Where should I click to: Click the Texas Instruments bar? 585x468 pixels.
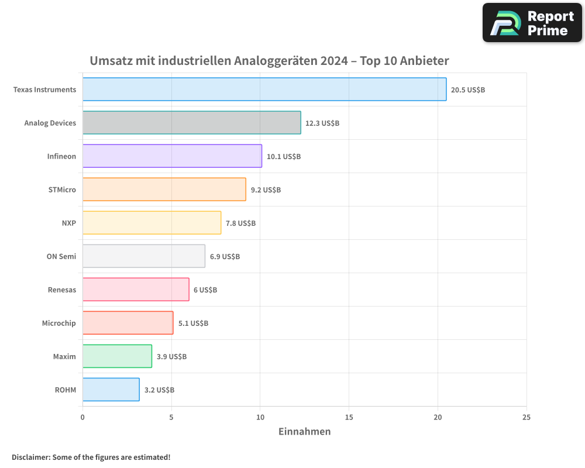pos(264,90)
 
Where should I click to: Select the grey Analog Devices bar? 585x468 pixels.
pos(192,123)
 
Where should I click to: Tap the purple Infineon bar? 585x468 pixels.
pos(172,156)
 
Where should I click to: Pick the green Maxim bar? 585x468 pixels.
pos(117,356)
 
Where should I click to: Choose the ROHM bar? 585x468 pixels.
pos(111,390)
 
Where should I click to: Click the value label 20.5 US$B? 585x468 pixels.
pos(468,90)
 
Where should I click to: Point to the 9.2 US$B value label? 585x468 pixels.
pos(266,190)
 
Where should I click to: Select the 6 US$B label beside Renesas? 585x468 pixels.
pos(205,290)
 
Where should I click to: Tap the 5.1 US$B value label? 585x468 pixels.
pos(193,323)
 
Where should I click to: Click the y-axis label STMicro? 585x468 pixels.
pos(62,190)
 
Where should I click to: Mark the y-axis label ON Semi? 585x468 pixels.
pos(61,256)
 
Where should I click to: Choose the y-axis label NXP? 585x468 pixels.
pos(68,223)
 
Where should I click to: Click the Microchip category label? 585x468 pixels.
pos(58,323)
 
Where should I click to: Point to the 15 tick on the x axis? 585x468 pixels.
pos(349,417)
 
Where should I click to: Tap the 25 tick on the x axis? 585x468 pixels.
pos(526,417)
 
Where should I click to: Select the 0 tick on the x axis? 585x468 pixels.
pos(82,417)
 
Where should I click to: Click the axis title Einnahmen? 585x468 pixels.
pos(304,432)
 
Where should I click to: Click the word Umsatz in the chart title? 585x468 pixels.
pos(110,61)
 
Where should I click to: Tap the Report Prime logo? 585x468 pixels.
pos(532,23)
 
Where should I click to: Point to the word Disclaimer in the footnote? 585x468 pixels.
pos(30,457)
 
